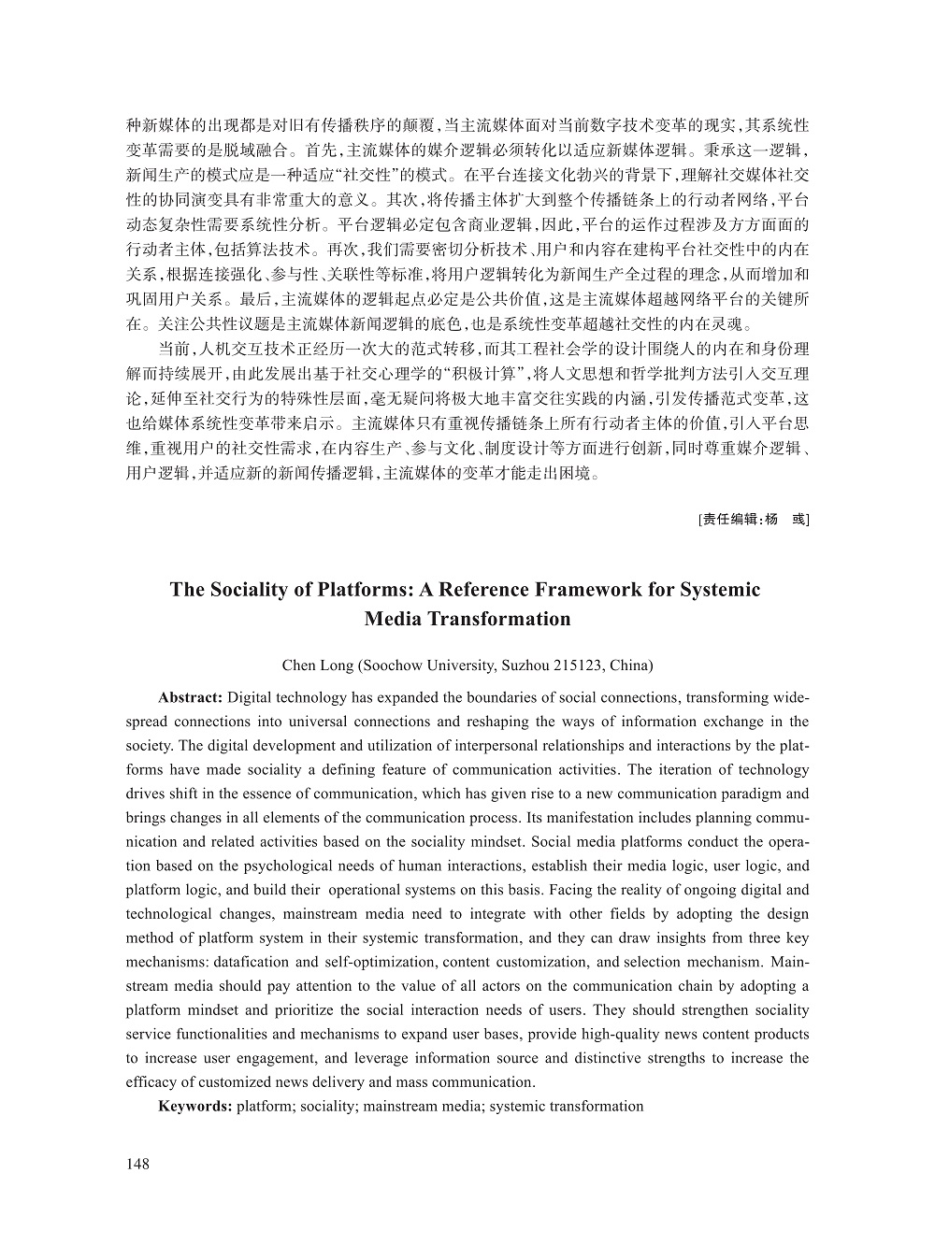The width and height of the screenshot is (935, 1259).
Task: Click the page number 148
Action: (137, 1164)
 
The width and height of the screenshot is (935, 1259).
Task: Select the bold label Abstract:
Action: (191, 697)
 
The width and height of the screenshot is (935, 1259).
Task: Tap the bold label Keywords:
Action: (195, 1107)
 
